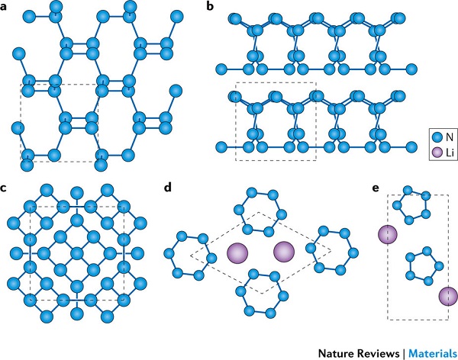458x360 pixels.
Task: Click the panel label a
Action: [x=6, y=8]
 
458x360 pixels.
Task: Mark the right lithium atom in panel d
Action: [x=284, y=253]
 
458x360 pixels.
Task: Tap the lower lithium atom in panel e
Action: [x=447, y=297]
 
